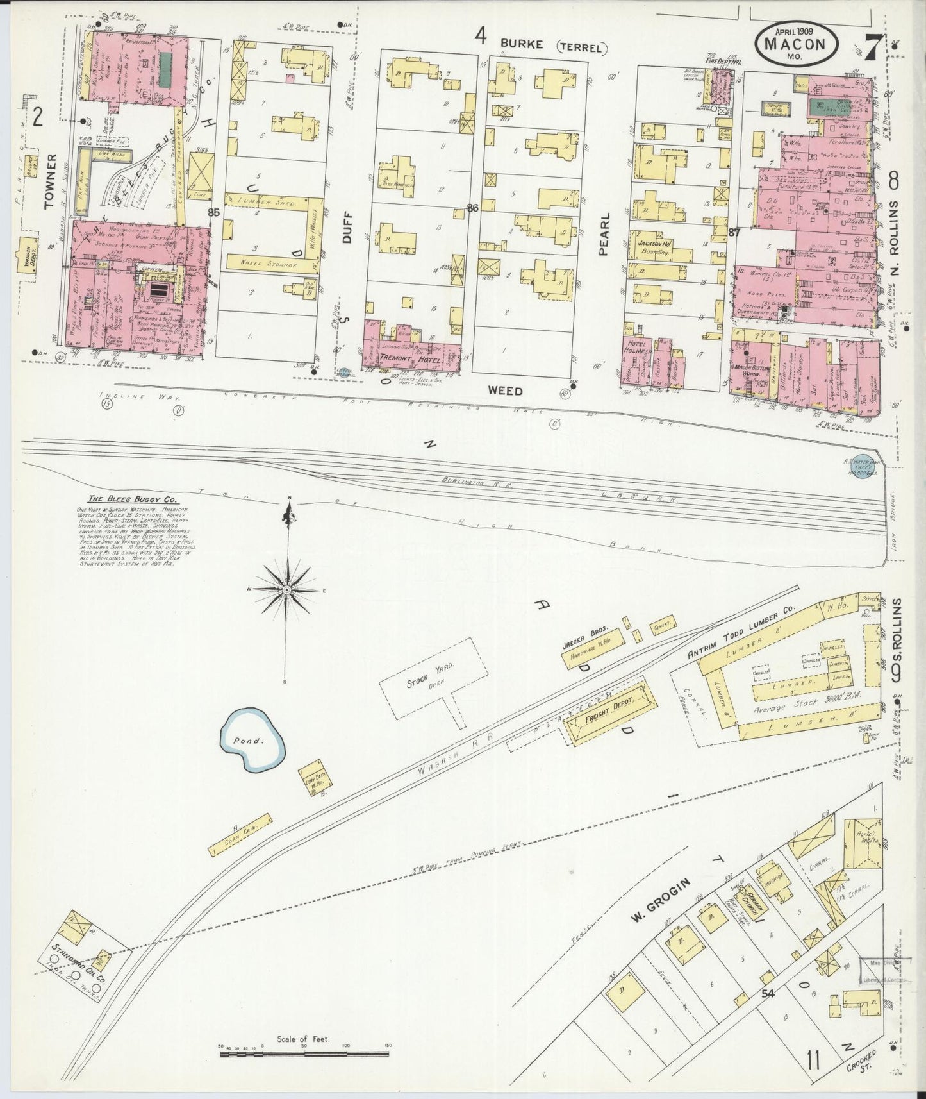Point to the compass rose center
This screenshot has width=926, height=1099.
pos(286,589)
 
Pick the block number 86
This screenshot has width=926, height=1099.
pos(473,208)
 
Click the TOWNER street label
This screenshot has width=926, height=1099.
pos(53,182)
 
